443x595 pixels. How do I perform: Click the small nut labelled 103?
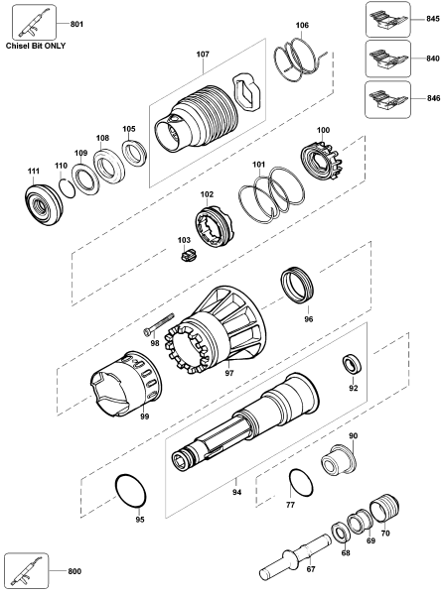(186, 257)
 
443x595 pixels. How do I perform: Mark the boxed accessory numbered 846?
(387, 100)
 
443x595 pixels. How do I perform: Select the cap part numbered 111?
(42, 205)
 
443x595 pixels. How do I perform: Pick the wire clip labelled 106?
(302, 59)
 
